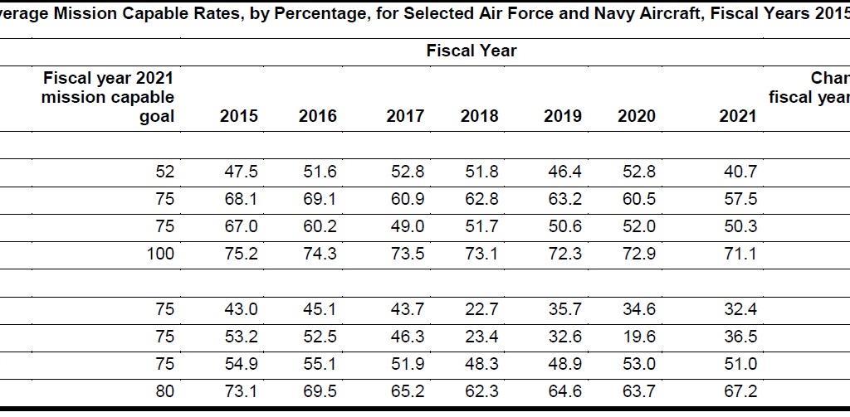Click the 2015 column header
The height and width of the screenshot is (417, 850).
tap(238, 116)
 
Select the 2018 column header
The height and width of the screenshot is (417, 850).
tap(479, 116)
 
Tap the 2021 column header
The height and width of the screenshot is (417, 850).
tap(737, 116)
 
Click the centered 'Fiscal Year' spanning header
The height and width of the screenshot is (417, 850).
tap(471, 51)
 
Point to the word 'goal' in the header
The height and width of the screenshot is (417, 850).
tap(157, 116)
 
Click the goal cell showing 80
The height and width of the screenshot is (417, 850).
tap(164, 390)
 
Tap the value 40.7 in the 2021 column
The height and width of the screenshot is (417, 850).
tap(740, 172)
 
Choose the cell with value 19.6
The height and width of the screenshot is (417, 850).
tap(638, 336)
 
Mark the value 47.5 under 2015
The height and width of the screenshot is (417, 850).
tap(241, 172)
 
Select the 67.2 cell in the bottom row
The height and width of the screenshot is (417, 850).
tap(740, 390)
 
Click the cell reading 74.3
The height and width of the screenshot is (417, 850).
tap(320, 254)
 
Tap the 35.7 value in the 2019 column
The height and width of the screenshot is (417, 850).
tap(563, 308)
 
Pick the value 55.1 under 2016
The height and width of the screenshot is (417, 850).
tap(320, 363)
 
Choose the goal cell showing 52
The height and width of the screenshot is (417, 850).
tap(164, 172)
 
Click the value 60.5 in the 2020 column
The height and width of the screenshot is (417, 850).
tap(638, 199)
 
